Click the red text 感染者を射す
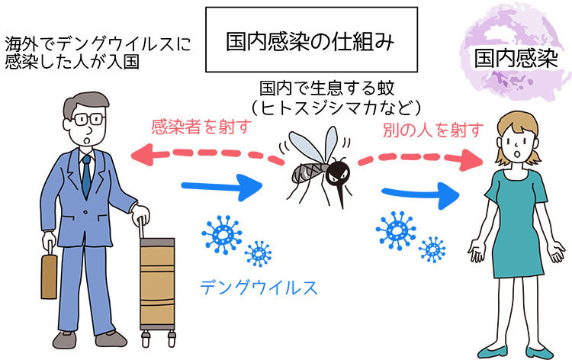pos(199,126)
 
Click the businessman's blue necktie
pos(86,175)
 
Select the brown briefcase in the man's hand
pos(49,274)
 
